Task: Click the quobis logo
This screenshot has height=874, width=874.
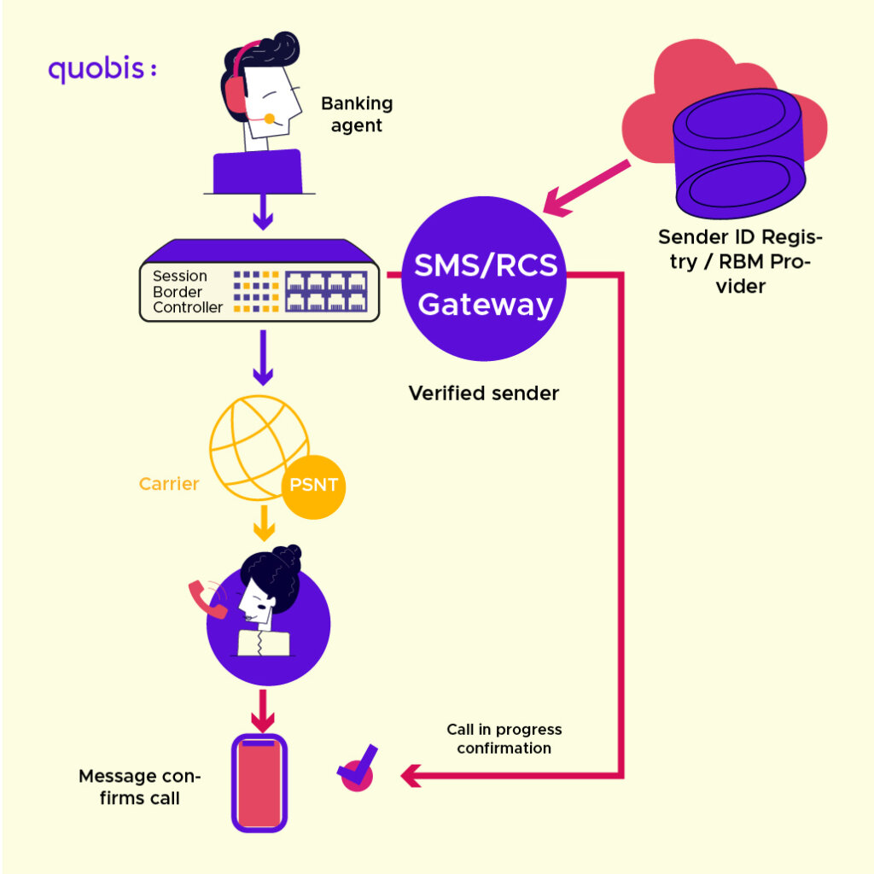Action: [102, 70]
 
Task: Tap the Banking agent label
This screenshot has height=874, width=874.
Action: [357, 114]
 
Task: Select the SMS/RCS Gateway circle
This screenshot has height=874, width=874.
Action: [486, 278]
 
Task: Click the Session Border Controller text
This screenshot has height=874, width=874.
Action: [187, 292]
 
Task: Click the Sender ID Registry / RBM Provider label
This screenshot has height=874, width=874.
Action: [740, 261]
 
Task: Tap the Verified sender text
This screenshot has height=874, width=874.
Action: [483, 393]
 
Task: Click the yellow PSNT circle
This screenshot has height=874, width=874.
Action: [313, 487]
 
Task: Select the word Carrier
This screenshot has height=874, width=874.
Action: [169, 484]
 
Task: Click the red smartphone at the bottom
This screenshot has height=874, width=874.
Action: [259, 783]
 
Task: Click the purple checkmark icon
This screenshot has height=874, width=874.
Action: [358, 767]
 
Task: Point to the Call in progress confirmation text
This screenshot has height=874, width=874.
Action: [504, 739]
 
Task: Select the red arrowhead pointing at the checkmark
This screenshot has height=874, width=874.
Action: [411, 776]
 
